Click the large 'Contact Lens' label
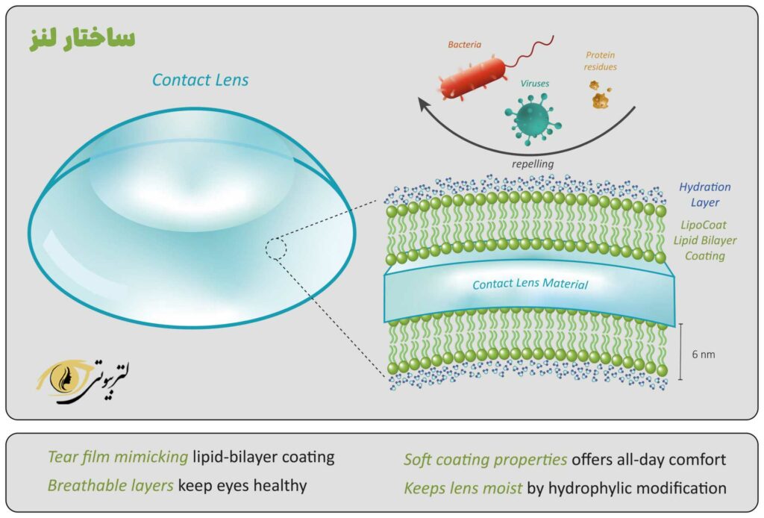coord(200,80)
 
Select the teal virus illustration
coord(530,115)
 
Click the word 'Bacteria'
coord(464,44)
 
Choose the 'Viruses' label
coord(533,84)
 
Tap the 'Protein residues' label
coord(601,60)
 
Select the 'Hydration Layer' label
coord(705,194)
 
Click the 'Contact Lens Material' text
coord(530,284)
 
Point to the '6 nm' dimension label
coord(704,355)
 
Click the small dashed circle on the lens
coord(275,249)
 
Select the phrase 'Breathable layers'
coord(110,486)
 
